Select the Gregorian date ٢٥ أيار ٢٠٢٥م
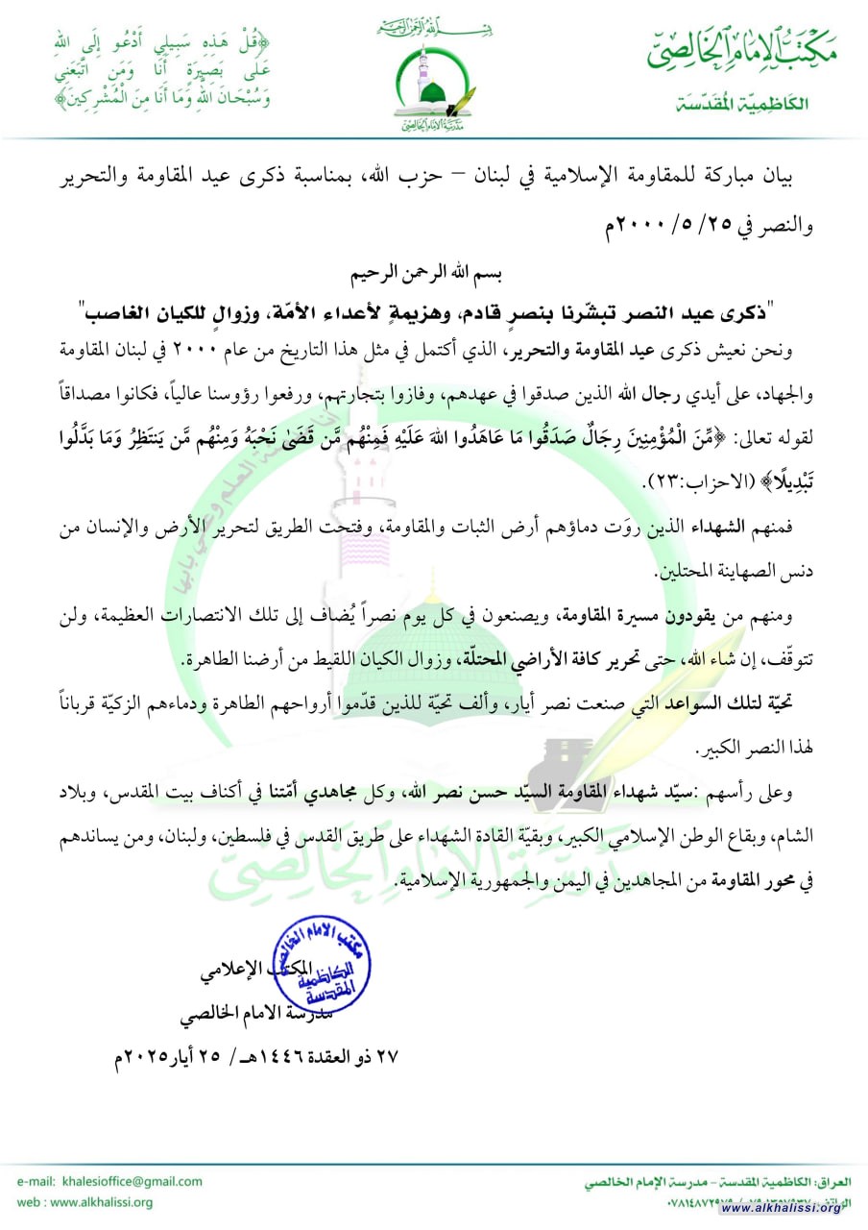click(169, 1056)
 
